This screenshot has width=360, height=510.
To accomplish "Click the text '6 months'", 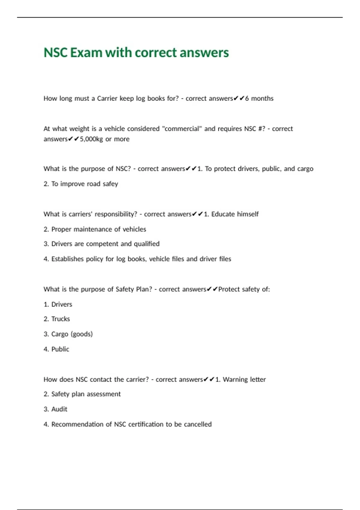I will [259, 98].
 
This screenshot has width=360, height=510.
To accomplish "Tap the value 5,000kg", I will [91, 139].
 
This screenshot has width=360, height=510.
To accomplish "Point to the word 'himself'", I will [247, 214].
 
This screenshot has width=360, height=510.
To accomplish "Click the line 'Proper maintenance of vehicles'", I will [98, 229].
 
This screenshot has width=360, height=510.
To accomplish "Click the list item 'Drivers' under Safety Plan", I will [61, 304].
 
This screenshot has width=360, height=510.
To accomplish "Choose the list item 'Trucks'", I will [60, 319].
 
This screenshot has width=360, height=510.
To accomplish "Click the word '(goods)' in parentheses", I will [82, 334].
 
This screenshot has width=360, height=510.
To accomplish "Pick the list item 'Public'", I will [60, 349].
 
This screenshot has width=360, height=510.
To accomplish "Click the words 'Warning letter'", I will [244, 379].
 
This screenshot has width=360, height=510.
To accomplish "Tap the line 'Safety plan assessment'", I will [86, 394].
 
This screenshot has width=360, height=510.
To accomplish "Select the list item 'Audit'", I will [59, 409].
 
